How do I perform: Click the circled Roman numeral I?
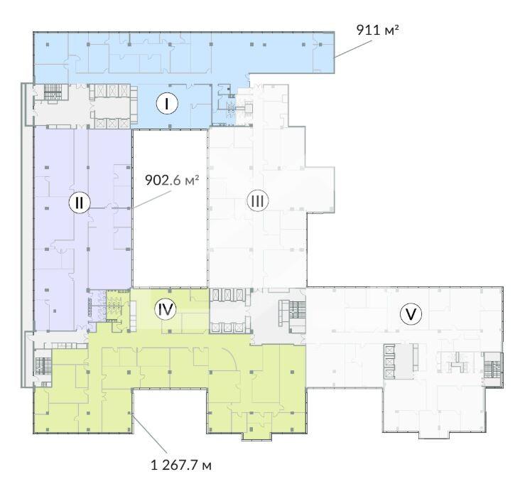click(167, 104)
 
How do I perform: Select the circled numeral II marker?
click(80, 202)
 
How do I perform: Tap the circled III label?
click(258, 200)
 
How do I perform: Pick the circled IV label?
click(166, 309)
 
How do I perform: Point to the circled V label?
click(411, 314)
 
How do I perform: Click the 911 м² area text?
click(377, 30)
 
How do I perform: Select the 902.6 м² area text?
click(172, 180)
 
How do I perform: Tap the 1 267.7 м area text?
click(180, 466)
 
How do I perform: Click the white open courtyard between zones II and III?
click(170, 208)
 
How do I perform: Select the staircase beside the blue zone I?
click(53, 92)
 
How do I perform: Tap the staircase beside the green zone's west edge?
click(43, 366)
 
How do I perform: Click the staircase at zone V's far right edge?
click(492, 370)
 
